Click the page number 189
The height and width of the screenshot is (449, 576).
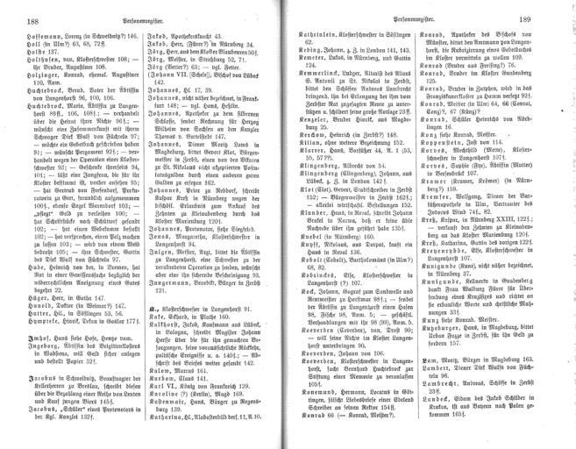point(552,17)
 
